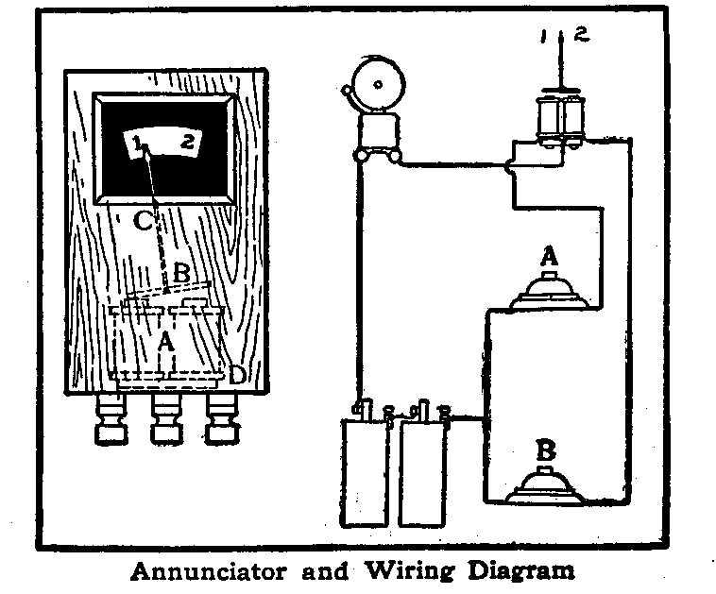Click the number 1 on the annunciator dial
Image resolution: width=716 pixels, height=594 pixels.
tap(138, 144)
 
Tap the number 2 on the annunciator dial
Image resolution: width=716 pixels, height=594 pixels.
tap(188, 143)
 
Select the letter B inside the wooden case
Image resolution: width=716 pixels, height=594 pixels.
tap(181, 275)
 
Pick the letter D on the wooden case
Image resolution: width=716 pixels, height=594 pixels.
tap(237, 375)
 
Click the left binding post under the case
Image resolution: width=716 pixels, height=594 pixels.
tap(110, 420)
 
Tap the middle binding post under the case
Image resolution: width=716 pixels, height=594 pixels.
tap(166, 420)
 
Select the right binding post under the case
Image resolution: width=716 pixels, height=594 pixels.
tap(222, 420)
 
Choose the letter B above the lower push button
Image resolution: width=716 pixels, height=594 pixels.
tap(545, 449)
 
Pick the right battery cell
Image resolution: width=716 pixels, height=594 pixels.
tap(423, 472)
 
